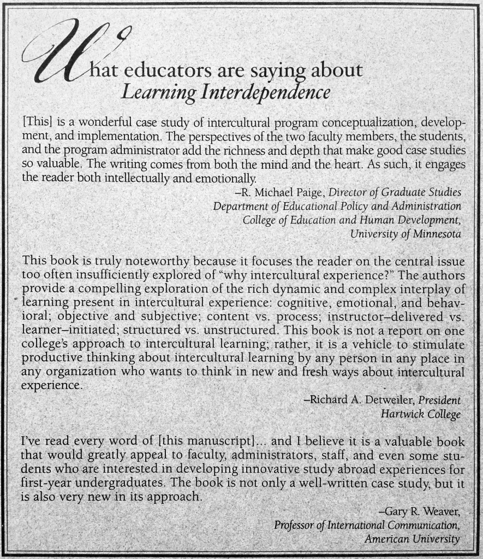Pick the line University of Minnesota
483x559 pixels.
coord(406,234)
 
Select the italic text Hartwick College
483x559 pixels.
coord(420,414)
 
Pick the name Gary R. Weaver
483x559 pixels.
coord(420,512)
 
